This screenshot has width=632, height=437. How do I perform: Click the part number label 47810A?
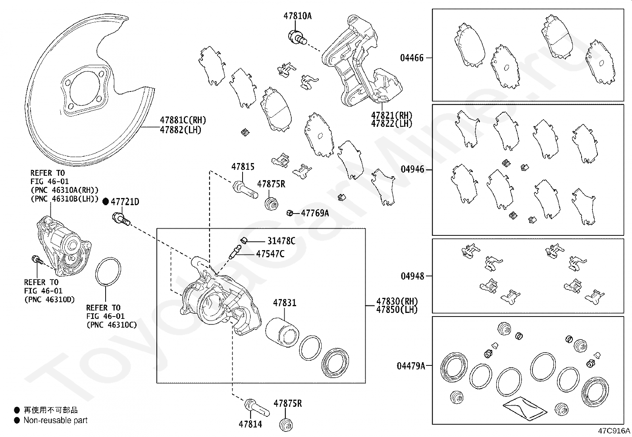[297, 16]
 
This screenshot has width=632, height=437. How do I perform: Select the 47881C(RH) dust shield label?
[183, 120]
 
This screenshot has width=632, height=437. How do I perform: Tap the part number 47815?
[243, 167]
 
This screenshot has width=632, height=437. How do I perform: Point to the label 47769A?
[315, 213]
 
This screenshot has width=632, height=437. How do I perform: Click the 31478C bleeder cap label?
[281, 241]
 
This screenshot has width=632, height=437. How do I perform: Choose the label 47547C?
[270, 254]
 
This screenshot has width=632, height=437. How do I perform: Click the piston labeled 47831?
[282, 332]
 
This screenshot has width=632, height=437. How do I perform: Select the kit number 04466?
[412, 58]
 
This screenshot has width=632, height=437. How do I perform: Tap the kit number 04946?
[412, 169]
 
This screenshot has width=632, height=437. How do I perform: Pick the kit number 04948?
[412, 276]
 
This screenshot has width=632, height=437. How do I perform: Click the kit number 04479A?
[411, 366]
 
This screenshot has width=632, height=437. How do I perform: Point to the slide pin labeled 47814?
[257, 408]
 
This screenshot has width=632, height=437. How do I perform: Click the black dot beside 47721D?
[106, 202]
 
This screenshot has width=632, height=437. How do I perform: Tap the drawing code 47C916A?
[614, 431]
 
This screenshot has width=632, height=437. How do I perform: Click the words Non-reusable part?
[56, 420]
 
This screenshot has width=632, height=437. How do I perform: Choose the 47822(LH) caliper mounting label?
[391, 124]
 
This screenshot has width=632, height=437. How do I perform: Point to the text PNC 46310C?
[112, 325]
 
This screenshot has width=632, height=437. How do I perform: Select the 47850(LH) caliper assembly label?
[397, 309]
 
